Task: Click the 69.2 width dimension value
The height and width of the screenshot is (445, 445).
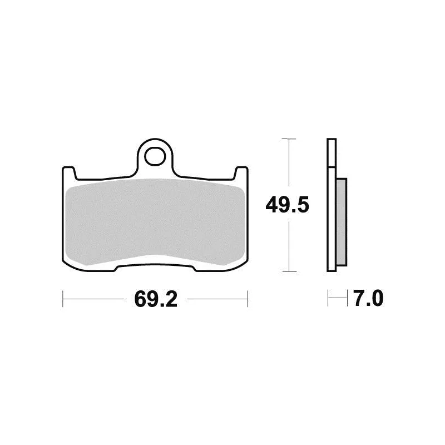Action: (x=156, y=299)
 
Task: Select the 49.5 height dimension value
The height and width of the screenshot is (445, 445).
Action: (x=287, y=205)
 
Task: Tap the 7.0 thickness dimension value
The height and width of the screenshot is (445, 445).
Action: (x=369, y=298)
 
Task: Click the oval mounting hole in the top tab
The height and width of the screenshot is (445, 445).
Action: (x=155, y=156)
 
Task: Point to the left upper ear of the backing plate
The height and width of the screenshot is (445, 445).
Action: (x=69, y=173)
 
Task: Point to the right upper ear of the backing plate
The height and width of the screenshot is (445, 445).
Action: (x=241, y=173)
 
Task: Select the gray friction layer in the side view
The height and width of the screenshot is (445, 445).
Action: (x=341, y=222)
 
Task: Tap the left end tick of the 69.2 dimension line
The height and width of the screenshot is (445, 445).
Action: (x=63, y=299)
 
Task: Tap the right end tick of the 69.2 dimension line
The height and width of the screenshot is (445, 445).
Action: (x=248, y=299)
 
